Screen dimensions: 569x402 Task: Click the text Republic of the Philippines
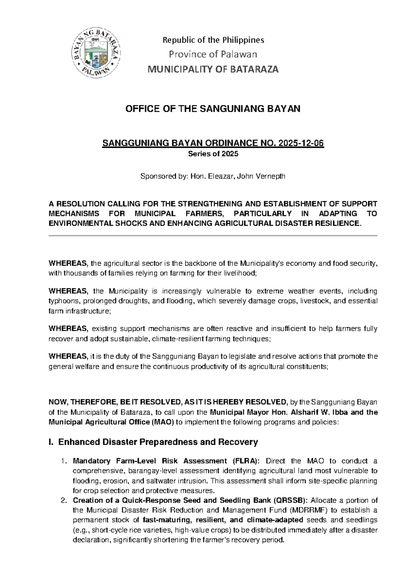[213, 40]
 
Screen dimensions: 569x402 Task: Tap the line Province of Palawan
[213, 54]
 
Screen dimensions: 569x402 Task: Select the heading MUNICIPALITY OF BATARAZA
[213, 69]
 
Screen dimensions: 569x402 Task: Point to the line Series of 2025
[213, 154]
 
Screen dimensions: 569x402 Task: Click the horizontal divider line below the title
[213, 236]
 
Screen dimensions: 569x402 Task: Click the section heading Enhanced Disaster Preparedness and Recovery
[158, 442]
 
